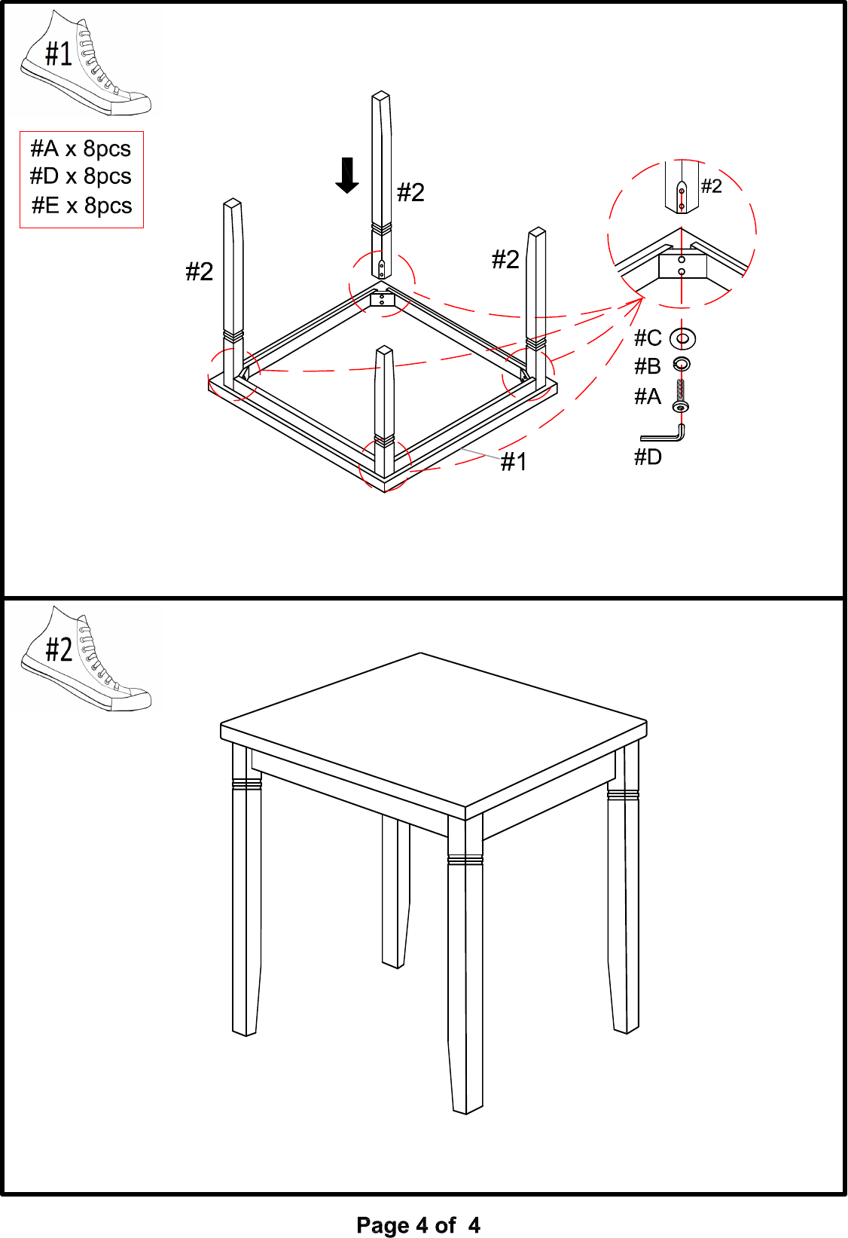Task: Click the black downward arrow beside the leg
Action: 347,176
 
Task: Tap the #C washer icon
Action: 682,338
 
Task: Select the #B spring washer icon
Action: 681,364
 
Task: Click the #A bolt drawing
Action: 681,395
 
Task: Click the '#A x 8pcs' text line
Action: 81,148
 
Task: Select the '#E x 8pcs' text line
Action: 82,206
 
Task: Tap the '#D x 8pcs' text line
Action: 81,176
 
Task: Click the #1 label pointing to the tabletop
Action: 513,461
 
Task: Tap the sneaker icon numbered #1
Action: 85,63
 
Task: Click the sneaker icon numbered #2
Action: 85,659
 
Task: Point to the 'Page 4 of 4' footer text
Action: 418,1224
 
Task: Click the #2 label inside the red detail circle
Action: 711,186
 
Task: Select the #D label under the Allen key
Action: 648,457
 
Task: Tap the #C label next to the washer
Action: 648,338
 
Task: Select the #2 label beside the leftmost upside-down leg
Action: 200,271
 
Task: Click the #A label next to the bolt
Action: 648,396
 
